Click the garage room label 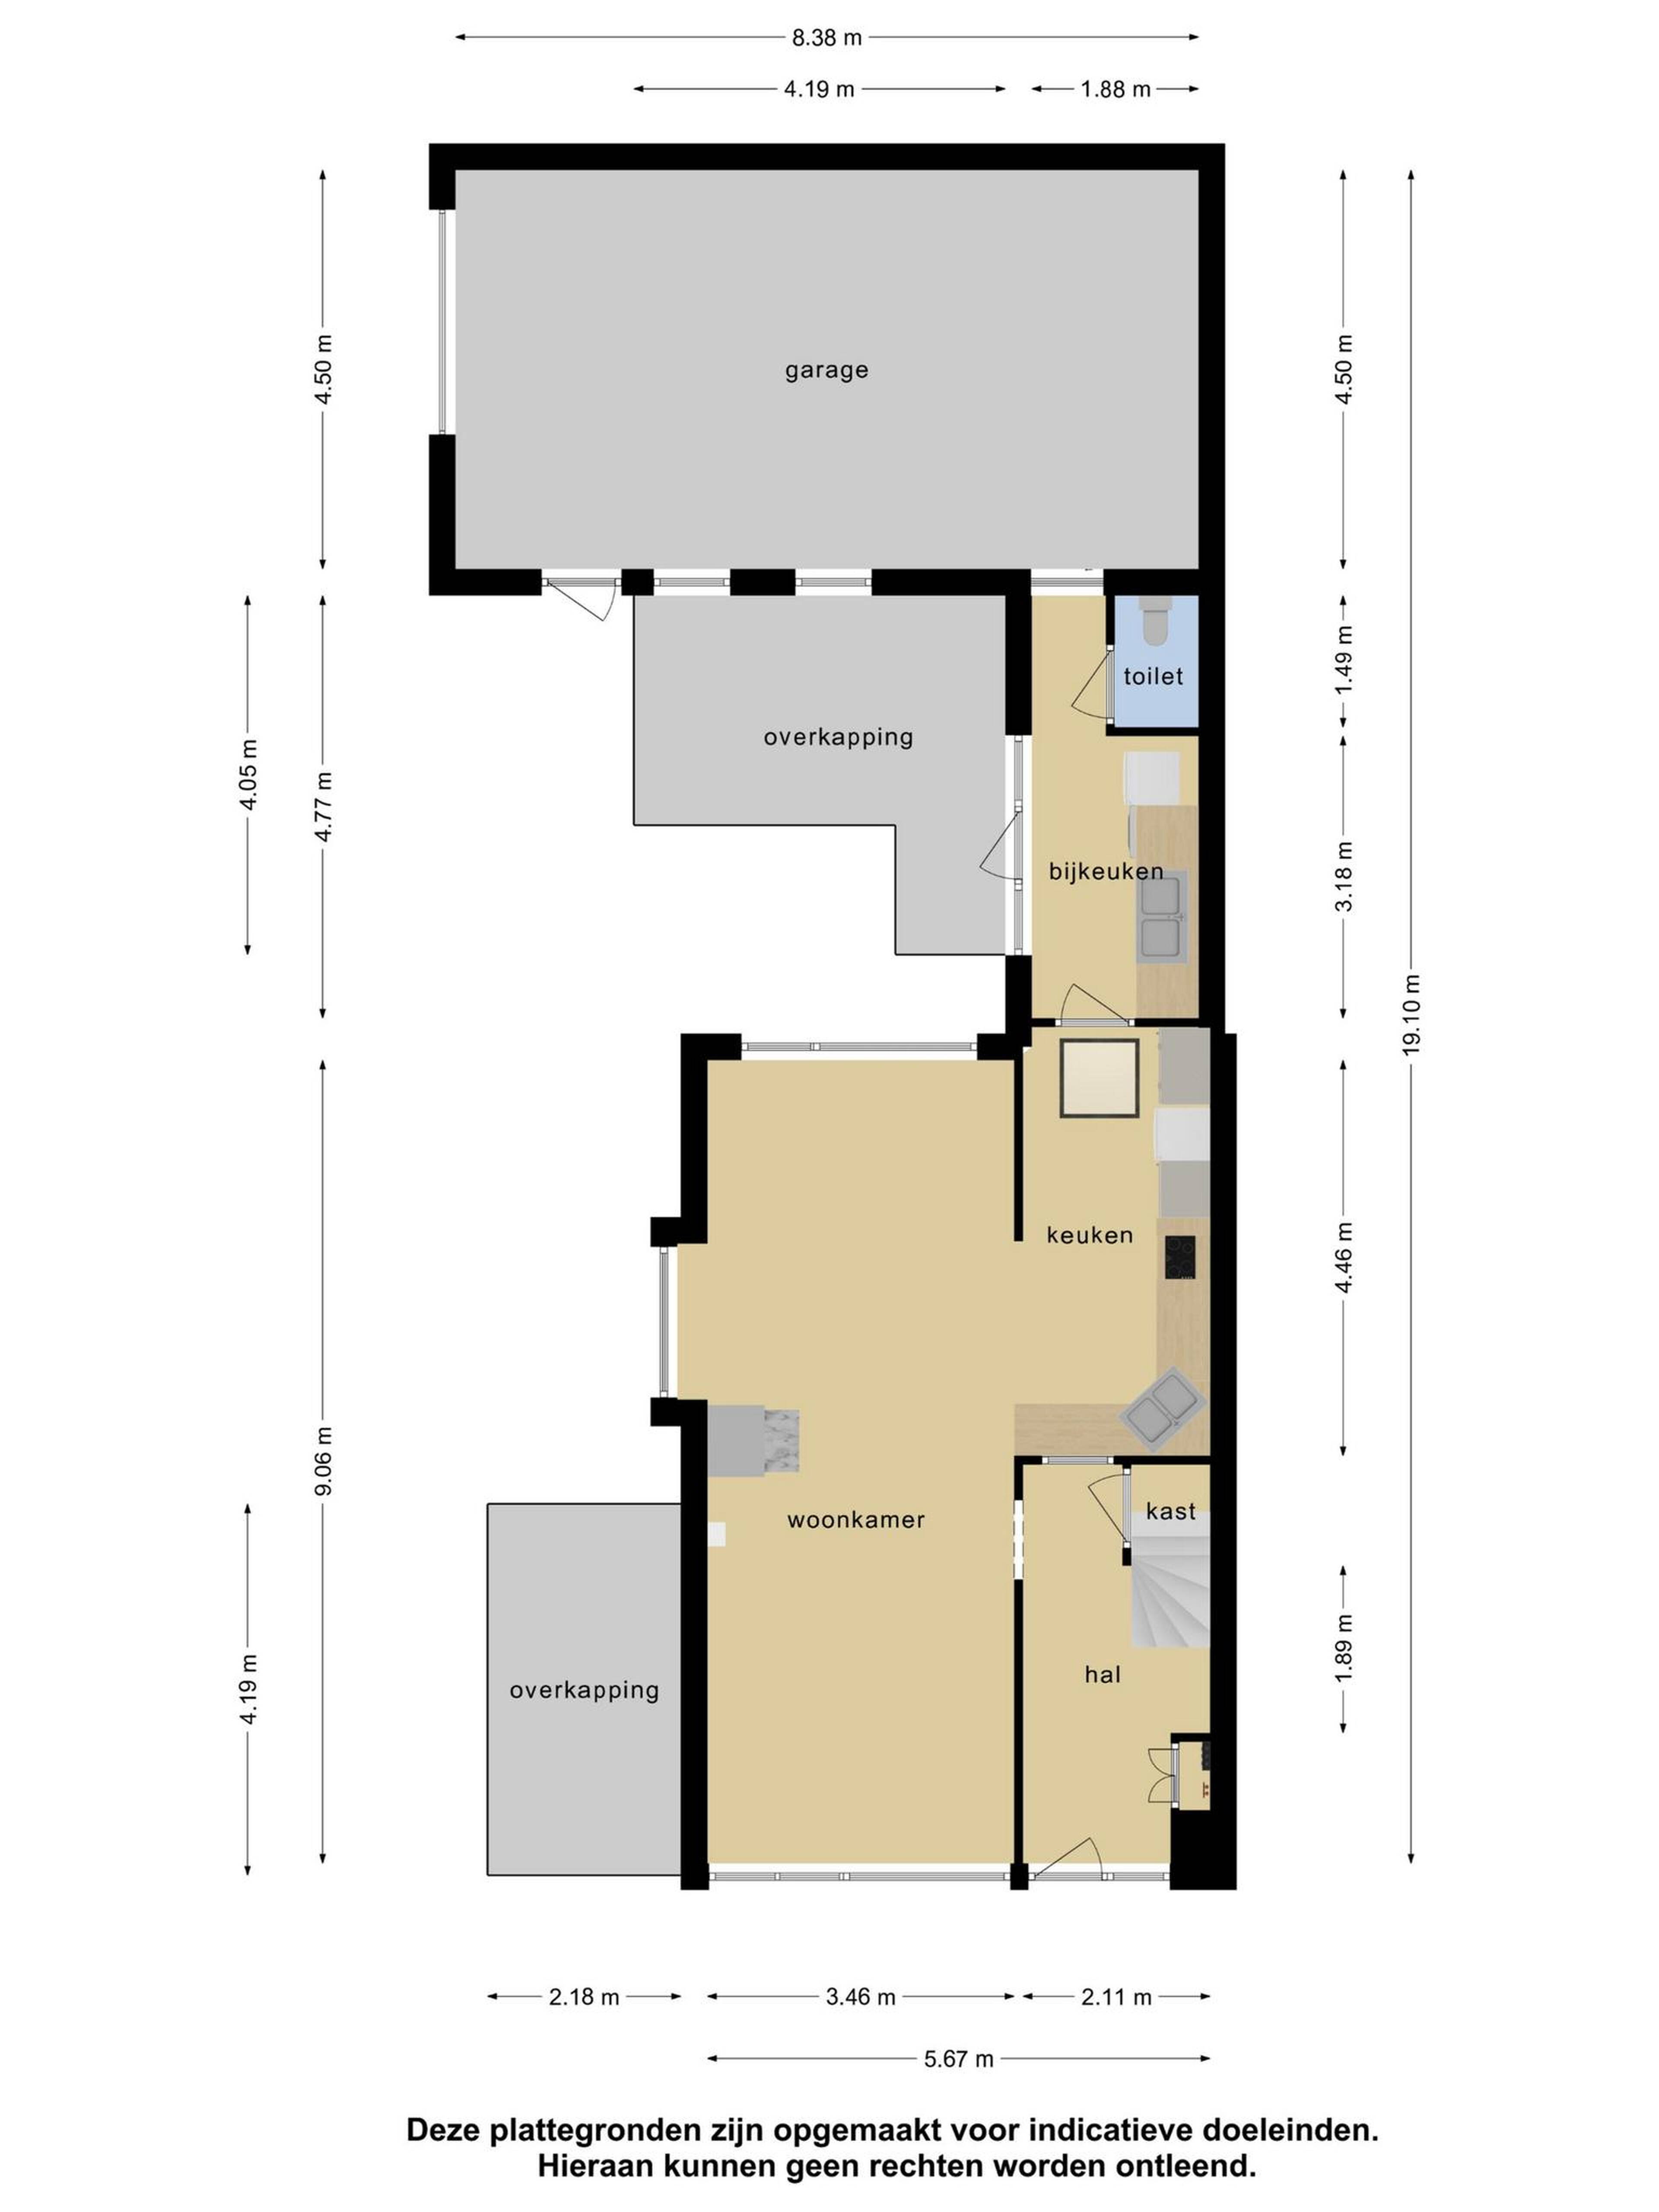(x=826, y=371)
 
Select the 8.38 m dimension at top (x=826, y=38)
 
